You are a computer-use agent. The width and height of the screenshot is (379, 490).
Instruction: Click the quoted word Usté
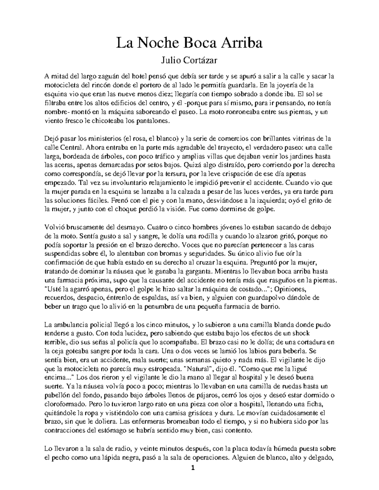(54, 288)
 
